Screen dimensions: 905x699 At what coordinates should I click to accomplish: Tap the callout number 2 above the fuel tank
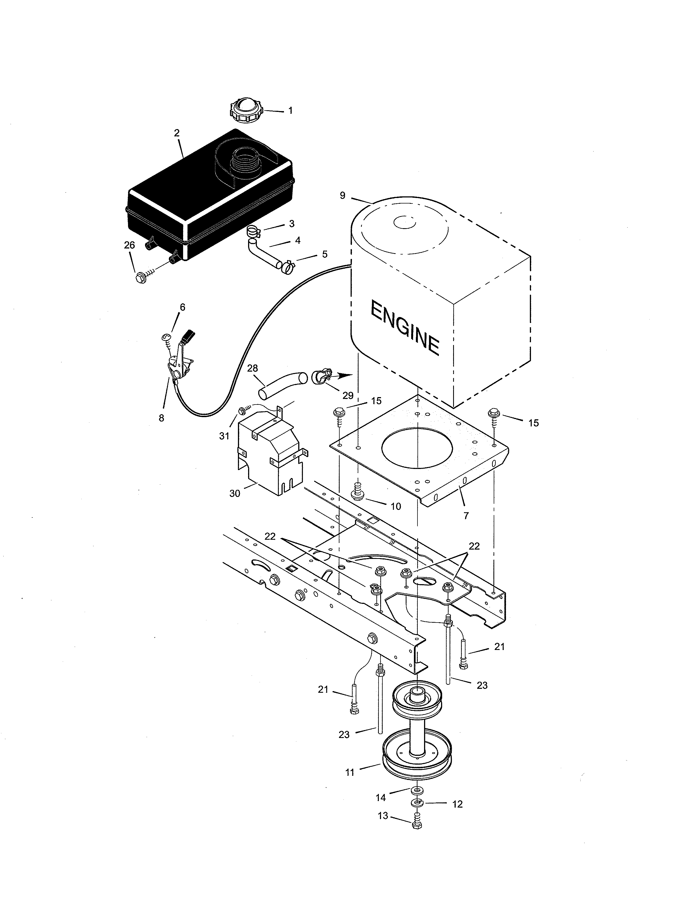pyautogui.click(x=177, y=133)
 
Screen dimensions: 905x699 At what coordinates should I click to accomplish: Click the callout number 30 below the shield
pyautogui.click(x=234, y=494)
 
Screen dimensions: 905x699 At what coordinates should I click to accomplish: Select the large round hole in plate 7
pyautogui.click(x=418, y=450)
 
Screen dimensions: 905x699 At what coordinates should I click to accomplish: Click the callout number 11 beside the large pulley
pyautogui.click(x=350, y=772)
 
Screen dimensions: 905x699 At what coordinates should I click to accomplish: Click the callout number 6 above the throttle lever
pyautogui.click(x=182, y=307)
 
